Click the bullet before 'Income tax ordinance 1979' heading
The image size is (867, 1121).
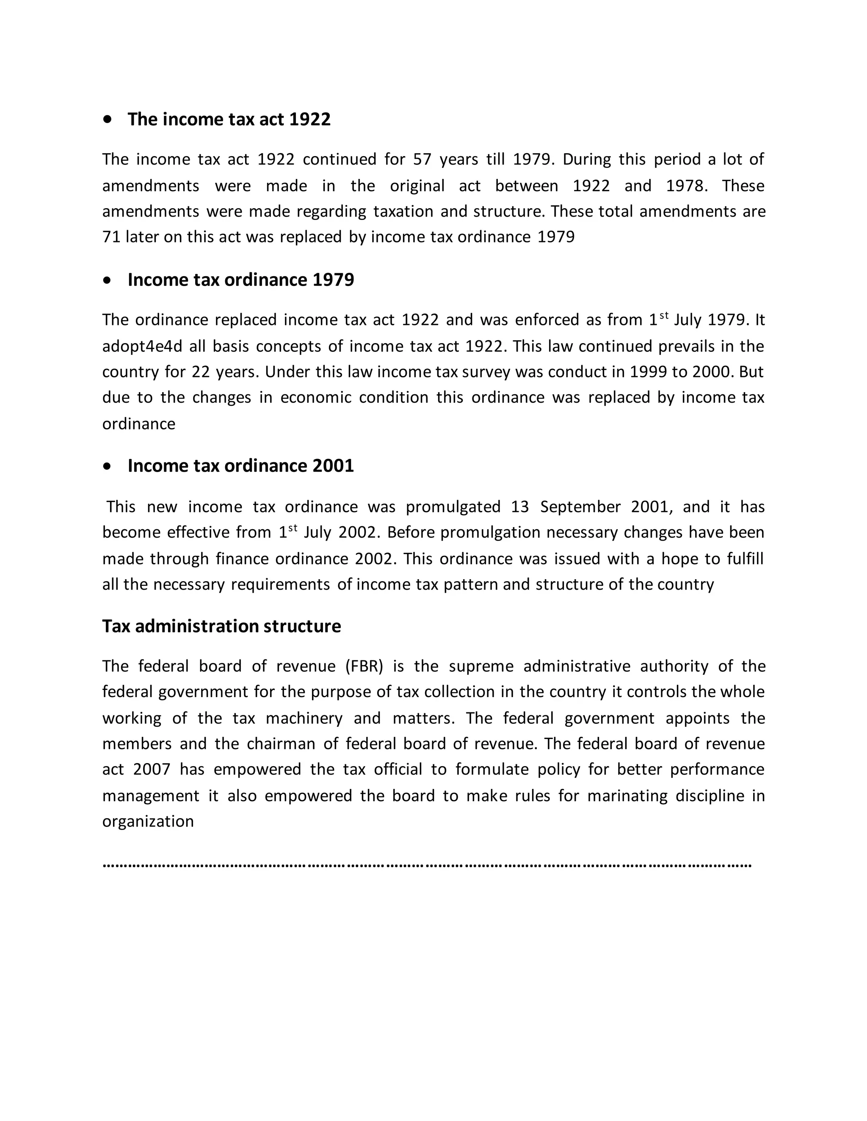click(107, 280)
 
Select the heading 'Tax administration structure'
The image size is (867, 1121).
click(221, 626)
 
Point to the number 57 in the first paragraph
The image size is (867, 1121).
click(422, 159)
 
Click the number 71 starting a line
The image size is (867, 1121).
click(110, 237)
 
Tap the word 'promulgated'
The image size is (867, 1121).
click(453, 507)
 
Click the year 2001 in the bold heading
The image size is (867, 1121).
click(333, 466)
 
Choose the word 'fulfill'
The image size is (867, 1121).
click(745, 559)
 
